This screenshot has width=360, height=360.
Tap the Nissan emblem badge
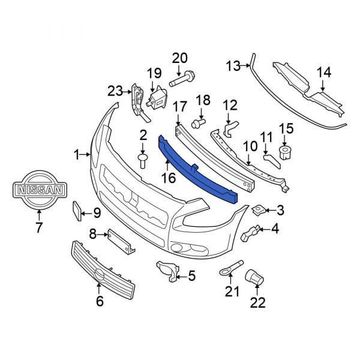coord(40,190)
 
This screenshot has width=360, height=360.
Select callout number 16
coord(169,178)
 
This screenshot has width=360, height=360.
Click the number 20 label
coord(180,58)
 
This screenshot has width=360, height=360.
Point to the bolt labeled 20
coord(182,79)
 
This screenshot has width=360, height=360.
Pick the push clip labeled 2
coord(143,161)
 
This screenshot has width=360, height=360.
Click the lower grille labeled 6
coord(103,270)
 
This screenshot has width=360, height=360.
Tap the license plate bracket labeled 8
coord(121,241)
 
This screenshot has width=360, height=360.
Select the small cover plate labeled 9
coord(77,211)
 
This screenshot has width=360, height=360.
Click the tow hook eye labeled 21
coord(231,268)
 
